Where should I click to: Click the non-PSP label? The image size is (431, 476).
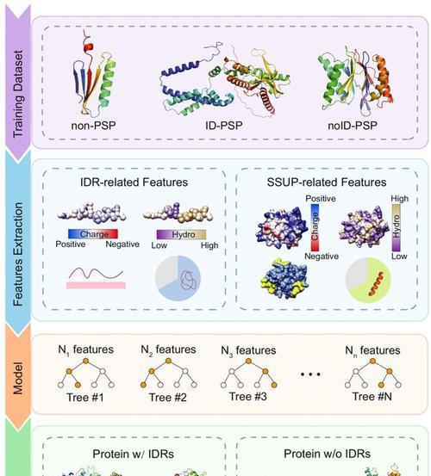click(93, 126)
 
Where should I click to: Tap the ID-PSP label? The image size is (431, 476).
click(224, 126)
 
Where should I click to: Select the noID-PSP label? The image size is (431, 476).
click(353, 126)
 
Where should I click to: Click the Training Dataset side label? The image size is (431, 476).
click(18, 94)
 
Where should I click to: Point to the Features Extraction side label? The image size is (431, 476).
click(18, 255)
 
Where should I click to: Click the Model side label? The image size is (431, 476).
click(18, 378)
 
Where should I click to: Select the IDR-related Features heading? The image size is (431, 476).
click(134, 182)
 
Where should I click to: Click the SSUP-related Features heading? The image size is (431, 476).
click(327, 182)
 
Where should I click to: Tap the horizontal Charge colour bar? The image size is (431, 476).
click(93, 234)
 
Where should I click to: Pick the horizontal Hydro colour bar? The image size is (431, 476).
click(181, 234)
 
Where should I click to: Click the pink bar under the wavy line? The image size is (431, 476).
click(96, 285)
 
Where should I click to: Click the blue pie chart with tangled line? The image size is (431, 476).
click(178, 278)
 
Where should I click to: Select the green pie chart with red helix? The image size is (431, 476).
click(368, 280)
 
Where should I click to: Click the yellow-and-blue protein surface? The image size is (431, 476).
click(284, 279)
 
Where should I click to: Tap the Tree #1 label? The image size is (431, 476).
click(85, 398)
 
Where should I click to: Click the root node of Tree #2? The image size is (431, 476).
click(168, 361)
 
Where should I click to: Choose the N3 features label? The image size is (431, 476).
click(248, 350)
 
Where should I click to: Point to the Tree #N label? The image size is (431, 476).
click(372, 397)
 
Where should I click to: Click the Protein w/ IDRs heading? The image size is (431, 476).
click(133, 454)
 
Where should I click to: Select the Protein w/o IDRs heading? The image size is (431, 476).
click(327, 454)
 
